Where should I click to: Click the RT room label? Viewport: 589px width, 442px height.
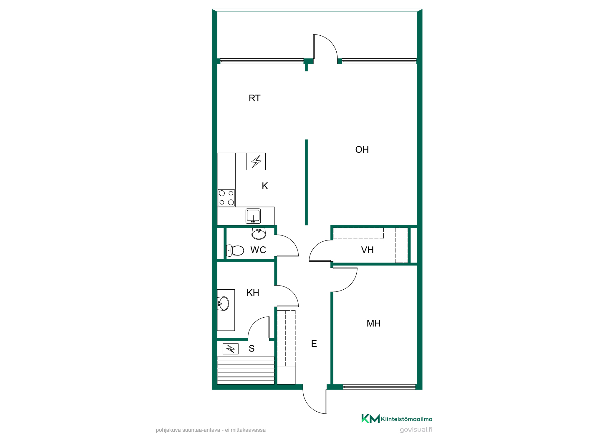coord(254,98)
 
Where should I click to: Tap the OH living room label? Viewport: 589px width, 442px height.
coord(362,150)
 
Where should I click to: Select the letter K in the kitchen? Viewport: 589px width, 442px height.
coord(265,186)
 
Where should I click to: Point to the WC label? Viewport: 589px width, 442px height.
coord(258,250)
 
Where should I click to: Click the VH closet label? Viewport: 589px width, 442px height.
coord(367,250)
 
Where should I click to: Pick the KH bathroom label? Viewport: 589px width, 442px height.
coord(253,293)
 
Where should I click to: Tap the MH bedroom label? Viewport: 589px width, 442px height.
coord(373,323)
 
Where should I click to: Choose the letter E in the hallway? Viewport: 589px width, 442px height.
coord(314,344)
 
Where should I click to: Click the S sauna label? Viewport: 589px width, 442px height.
coord(252,349)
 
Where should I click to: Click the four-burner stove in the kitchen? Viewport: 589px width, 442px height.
coord(226,198)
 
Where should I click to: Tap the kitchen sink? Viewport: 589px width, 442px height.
coord(253,216)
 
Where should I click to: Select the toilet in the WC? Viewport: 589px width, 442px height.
coord(235,250)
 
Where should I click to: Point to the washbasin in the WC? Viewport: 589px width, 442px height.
coord(259,233)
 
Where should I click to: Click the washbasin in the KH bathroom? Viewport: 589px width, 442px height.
coord(223,303)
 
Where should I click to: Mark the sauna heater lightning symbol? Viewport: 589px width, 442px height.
coord(231,349)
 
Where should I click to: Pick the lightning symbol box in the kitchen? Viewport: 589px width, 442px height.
coord(256,161)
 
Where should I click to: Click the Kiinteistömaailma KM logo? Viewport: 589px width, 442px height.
coord(370,418)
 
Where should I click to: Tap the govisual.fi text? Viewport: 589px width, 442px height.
coord(416,430)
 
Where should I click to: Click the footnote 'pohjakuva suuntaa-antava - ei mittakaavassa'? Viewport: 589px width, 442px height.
coord(211,430)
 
